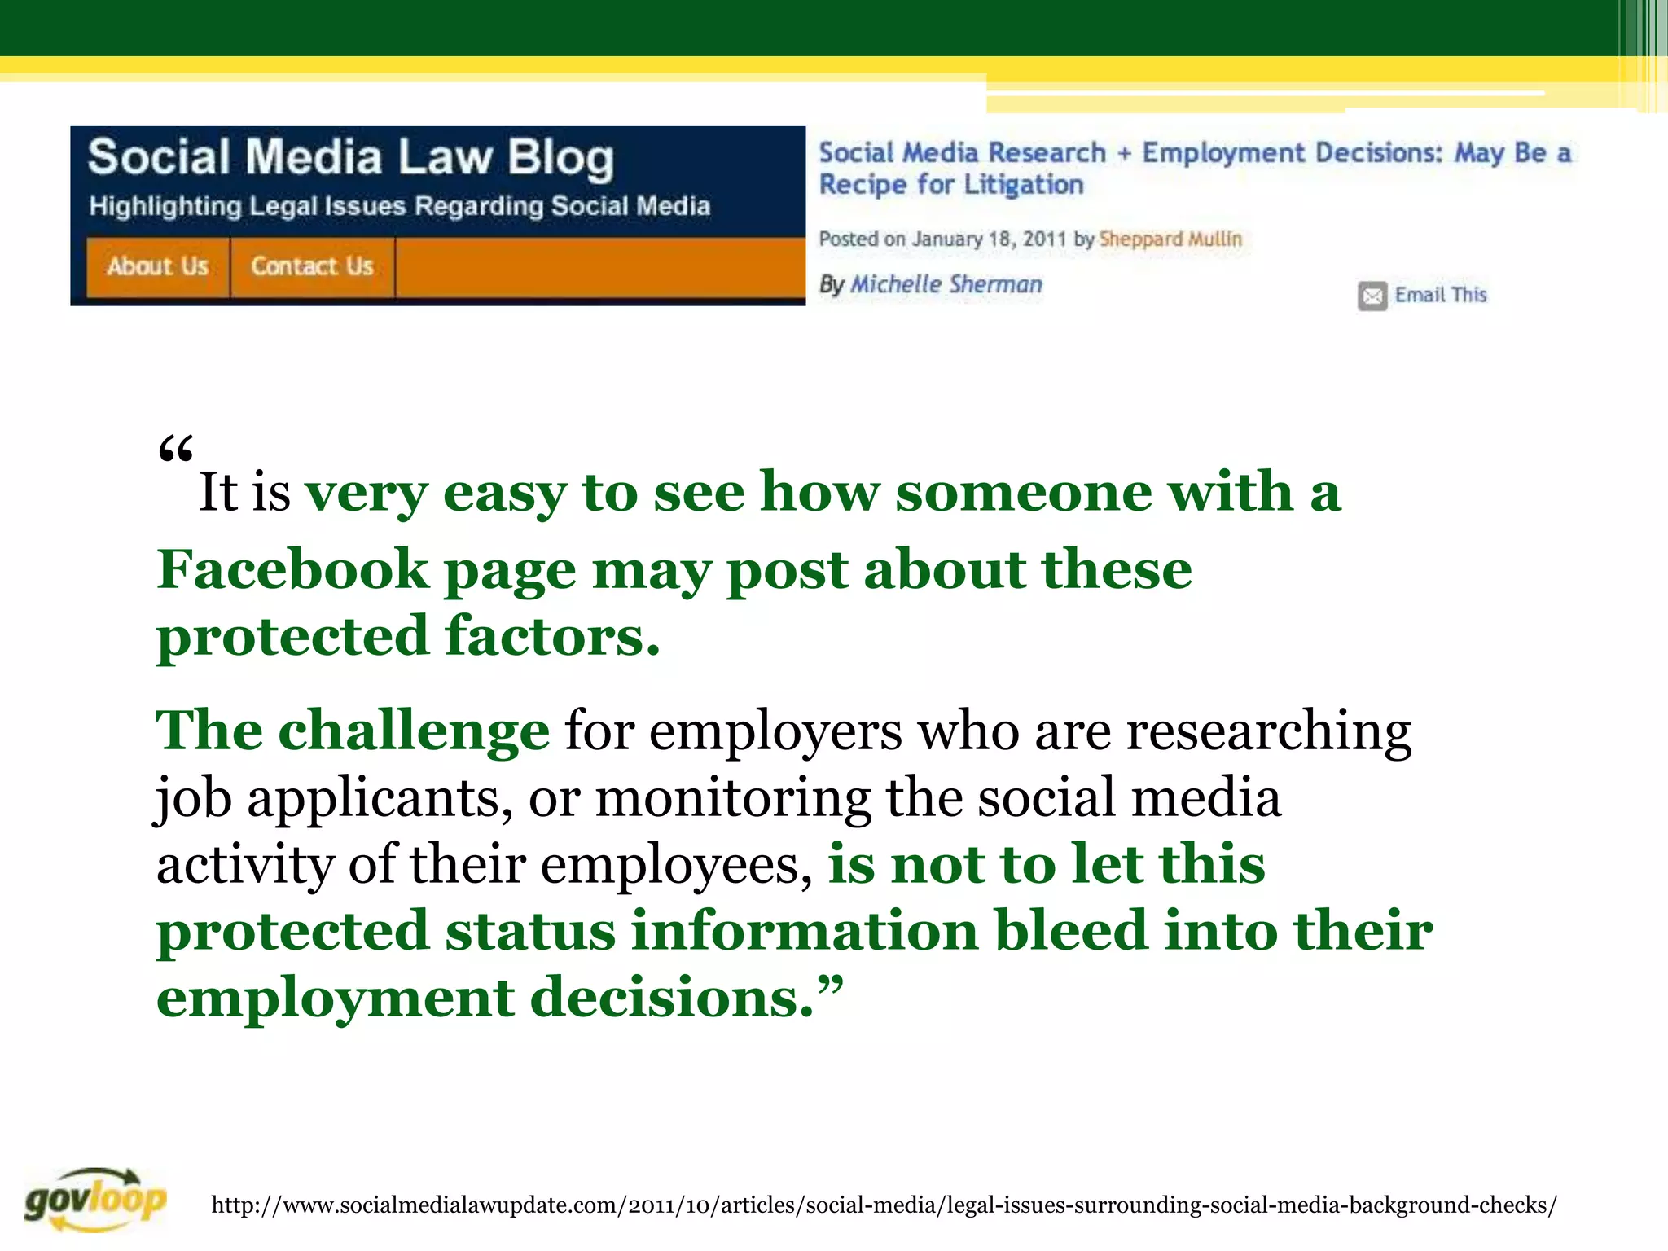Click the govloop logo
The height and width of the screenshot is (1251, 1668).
[95, 1199]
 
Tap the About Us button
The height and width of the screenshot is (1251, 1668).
[158, 266]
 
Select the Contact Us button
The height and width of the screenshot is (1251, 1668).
[312, 266]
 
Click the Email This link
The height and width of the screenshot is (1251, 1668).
[1440, 295]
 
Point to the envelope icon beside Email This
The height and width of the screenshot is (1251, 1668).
[1372, 296]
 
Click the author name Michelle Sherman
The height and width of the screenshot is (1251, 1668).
[946, 284]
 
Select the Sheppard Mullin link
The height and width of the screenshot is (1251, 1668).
[1170, 239]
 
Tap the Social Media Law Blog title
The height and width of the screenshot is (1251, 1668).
[350, 157]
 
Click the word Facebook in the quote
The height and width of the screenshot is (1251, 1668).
[292, 569]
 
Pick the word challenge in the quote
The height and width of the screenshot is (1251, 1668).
[414, 731]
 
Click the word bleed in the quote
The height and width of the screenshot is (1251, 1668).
[1071, 931]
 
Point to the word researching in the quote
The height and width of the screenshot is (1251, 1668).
[1268, 731]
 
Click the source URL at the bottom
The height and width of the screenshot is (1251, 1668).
[884, 1205]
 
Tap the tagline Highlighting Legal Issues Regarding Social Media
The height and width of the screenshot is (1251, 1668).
[399, 206]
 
